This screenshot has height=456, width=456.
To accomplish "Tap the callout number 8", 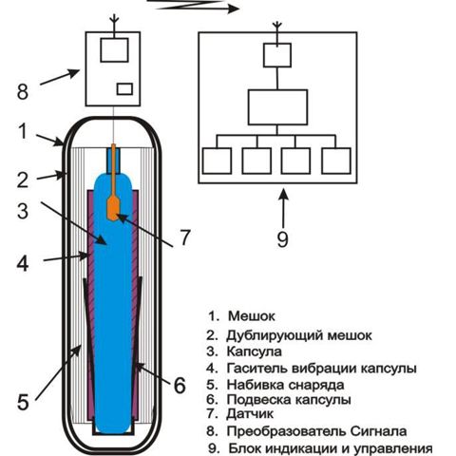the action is [x=23, y=92].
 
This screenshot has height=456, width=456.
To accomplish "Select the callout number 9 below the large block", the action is [x=282, y=239].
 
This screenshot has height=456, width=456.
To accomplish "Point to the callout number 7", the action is [x=185, y=237].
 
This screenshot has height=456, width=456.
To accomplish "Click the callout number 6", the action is [x=180, y=386].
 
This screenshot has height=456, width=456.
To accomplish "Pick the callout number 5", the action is [x=23, y=402].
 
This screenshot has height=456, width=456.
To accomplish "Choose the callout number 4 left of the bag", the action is [x=23, y=263].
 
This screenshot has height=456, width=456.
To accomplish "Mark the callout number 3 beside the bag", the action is [x=23, y=211].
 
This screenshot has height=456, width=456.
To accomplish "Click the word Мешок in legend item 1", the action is [x=252, y=316].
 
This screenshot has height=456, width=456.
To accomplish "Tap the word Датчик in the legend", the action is [x=250, y=413].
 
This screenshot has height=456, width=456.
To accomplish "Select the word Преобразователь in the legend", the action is [x=286, y=431].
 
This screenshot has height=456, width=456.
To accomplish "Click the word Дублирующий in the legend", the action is [x=275, y=335].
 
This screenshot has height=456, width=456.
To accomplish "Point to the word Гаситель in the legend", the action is [x=256, y=369].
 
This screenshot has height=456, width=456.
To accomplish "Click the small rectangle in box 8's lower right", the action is [x=124, y=89].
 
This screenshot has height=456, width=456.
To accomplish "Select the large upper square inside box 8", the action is [x=114, y=50].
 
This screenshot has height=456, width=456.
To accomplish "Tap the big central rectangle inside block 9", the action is [x=277, y=107].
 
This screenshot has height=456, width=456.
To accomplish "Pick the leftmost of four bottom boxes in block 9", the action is [x=217, y=161].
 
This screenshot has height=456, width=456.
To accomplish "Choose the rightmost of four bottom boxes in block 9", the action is [x=336, y=161].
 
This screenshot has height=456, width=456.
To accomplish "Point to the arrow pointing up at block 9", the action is [x=284, y=208].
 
